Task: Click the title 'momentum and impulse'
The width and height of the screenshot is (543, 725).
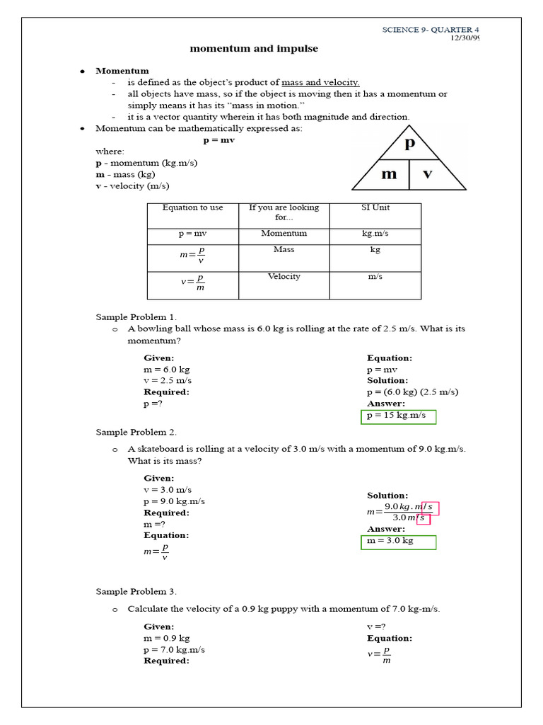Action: [254, 49]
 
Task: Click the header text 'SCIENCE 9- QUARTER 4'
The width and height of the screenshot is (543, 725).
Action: [431, 29]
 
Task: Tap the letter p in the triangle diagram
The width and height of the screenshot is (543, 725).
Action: [409, 144]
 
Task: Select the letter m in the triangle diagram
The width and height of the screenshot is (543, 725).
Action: [389, 174]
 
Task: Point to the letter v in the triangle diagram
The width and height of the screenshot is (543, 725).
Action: [428, 174]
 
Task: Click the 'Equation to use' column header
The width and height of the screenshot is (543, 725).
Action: [192, 207]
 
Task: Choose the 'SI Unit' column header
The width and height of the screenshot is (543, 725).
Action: [375, 207]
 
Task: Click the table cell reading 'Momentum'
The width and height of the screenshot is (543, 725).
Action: [284, 233]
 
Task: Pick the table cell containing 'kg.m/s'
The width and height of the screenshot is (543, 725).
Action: [375, 233]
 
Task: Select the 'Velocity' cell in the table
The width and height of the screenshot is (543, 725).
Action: [284, 277]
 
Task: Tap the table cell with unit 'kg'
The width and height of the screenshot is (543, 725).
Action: [375, 250]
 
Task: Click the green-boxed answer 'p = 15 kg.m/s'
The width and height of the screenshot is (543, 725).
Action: [399, 416]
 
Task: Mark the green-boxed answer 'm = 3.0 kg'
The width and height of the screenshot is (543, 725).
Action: [399, 542]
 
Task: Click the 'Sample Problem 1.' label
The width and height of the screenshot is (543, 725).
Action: [136, 317]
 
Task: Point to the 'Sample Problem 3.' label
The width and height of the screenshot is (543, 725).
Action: [136, 591]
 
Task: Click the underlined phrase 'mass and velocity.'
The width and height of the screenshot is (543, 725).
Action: [320, 82]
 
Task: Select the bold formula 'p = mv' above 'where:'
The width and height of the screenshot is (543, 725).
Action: [218, 140]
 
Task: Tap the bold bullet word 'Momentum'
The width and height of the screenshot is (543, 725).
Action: [122, 71]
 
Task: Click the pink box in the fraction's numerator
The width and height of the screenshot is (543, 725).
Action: [431, 508]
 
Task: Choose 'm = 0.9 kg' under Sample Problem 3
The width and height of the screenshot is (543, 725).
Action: [166, 638]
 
